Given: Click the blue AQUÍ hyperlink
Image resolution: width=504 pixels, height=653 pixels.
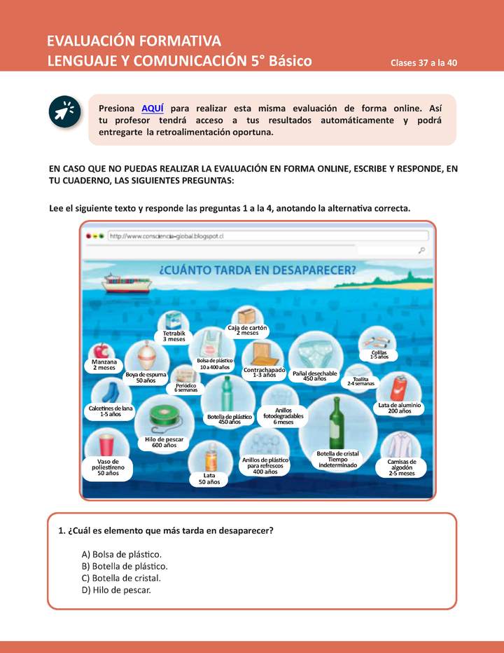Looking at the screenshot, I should pos(153,108).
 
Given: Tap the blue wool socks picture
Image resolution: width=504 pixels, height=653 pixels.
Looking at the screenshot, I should pos(110,392).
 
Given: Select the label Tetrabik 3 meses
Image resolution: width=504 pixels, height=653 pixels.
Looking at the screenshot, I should pos(174,336).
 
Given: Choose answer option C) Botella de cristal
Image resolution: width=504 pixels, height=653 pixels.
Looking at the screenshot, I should pos(121,578).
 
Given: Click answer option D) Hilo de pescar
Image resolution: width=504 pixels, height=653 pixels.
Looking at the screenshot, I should pos(116,590).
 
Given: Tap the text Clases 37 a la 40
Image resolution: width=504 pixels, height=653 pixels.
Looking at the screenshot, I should pos(424,62).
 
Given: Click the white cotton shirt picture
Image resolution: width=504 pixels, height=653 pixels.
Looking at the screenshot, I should pos(402,444).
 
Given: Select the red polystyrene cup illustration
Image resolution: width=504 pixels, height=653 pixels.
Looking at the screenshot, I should pos(106,444).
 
